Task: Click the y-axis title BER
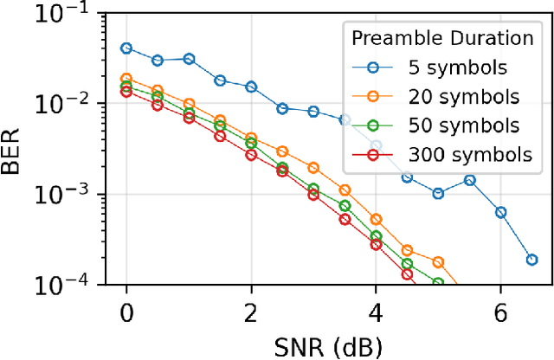tap(16, 150)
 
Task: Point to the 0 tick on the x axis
tap(126, 310)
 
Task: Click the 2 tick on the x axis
tap(251, 310)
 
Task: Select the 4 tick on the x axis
tap(376, 310)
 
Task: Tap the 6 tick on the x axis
tap(500, 310)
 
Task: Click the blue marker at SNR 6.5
tap(531, 260)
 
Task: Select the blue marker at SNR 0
tap(126, 48)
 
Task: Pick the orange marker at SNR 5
tap(438, 262)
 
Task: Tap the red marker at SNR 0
tap(126, 92)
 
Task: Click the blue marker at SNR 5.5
tap(469, 180)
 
